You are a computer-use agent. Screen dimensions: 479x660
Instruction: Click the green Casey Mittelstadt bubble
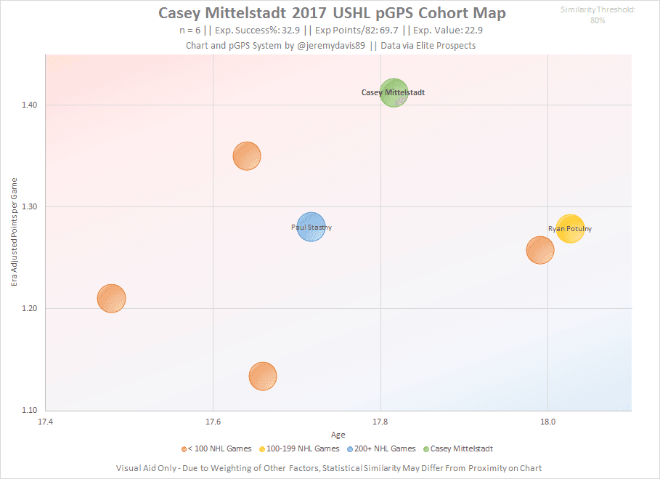click(x=394, y=93)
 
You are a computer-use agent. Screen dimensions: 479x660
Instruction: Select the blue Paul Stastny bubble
click(x=311, y=228)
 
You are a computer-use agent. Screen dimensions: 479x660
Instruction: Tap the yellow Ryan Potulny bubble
click(x=570, y=229)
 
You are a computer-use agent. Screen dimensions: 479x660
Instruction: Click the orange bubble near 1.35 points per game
click(x=247, y=156)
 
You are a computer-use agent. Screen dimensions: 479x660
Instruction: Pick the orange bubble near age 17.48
click(x=111, y=298)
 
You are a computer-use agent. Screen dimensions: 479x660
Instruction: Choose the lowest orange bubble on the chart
click(x=263, y=376)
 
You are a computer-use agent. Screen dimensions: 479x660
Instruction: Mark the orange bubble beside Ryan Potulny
click(x=539, y=249)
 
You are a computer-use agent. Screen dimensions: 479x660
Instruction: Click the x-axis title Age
click(x=338, y=435)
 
